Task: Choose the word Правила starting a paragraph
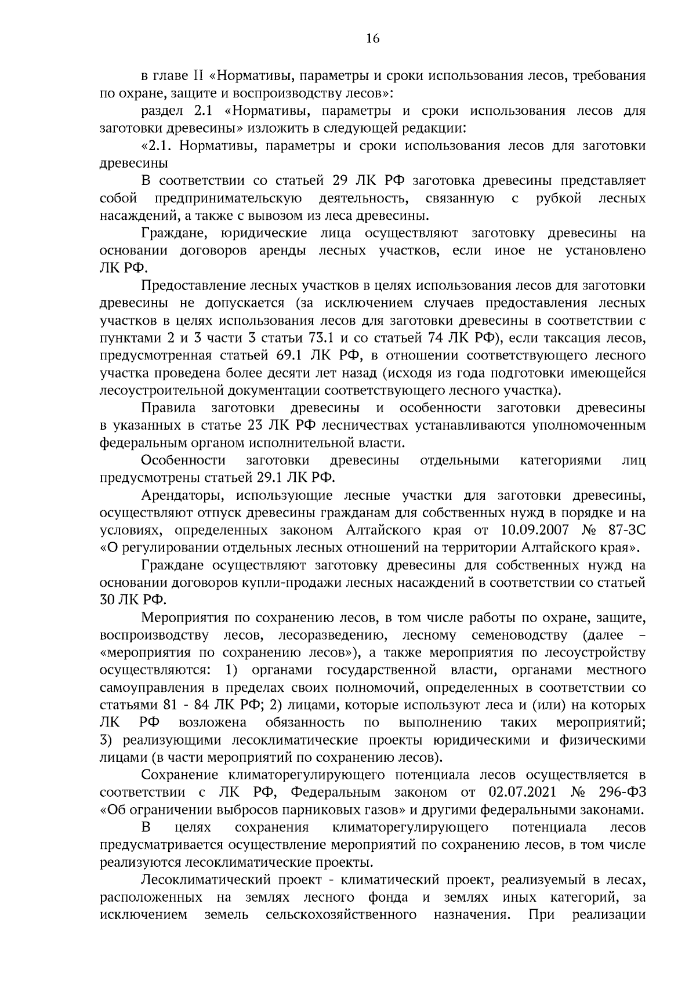coord(168,408)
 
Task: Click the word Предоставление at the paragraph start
coord(191,285)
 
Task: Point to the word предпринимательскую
coord(228,198)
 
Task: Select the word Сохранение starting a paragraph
coord(179,775)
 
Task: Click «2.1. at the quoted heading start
coord(157,146)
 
